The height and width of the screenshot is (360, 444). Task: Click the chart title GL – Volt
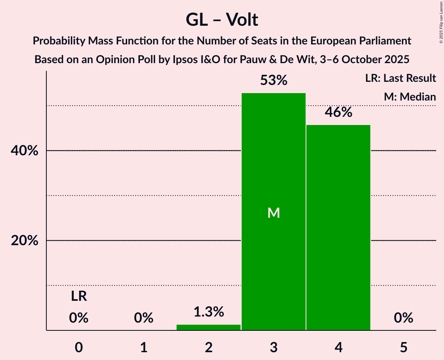point(222,19)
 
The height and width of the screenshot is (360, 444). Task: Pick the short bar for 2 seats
point(209,327)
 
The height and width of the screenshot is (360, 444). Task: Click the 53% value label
point(274,81)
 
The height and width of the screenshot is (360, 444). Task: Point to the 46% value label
point(338,113)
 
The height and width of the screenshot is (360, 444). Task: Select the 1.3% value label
point(209,312)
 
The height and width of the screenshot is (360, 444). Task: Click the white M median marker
point(274,213)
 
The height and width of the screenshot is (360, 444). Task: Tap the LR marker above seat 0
point(79,297)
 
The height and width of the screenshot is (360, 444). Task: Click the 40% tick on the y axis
point(25,151)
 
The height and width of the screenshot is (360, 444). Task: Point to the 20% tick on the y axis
point(25,241)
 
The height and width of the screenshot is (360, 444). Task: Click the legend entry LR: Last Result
point(401,78)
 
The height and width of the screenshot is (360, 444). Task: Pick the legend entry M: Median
point(410,97)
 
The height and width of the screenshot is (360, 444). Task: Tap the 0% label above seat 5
point(403,318)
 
